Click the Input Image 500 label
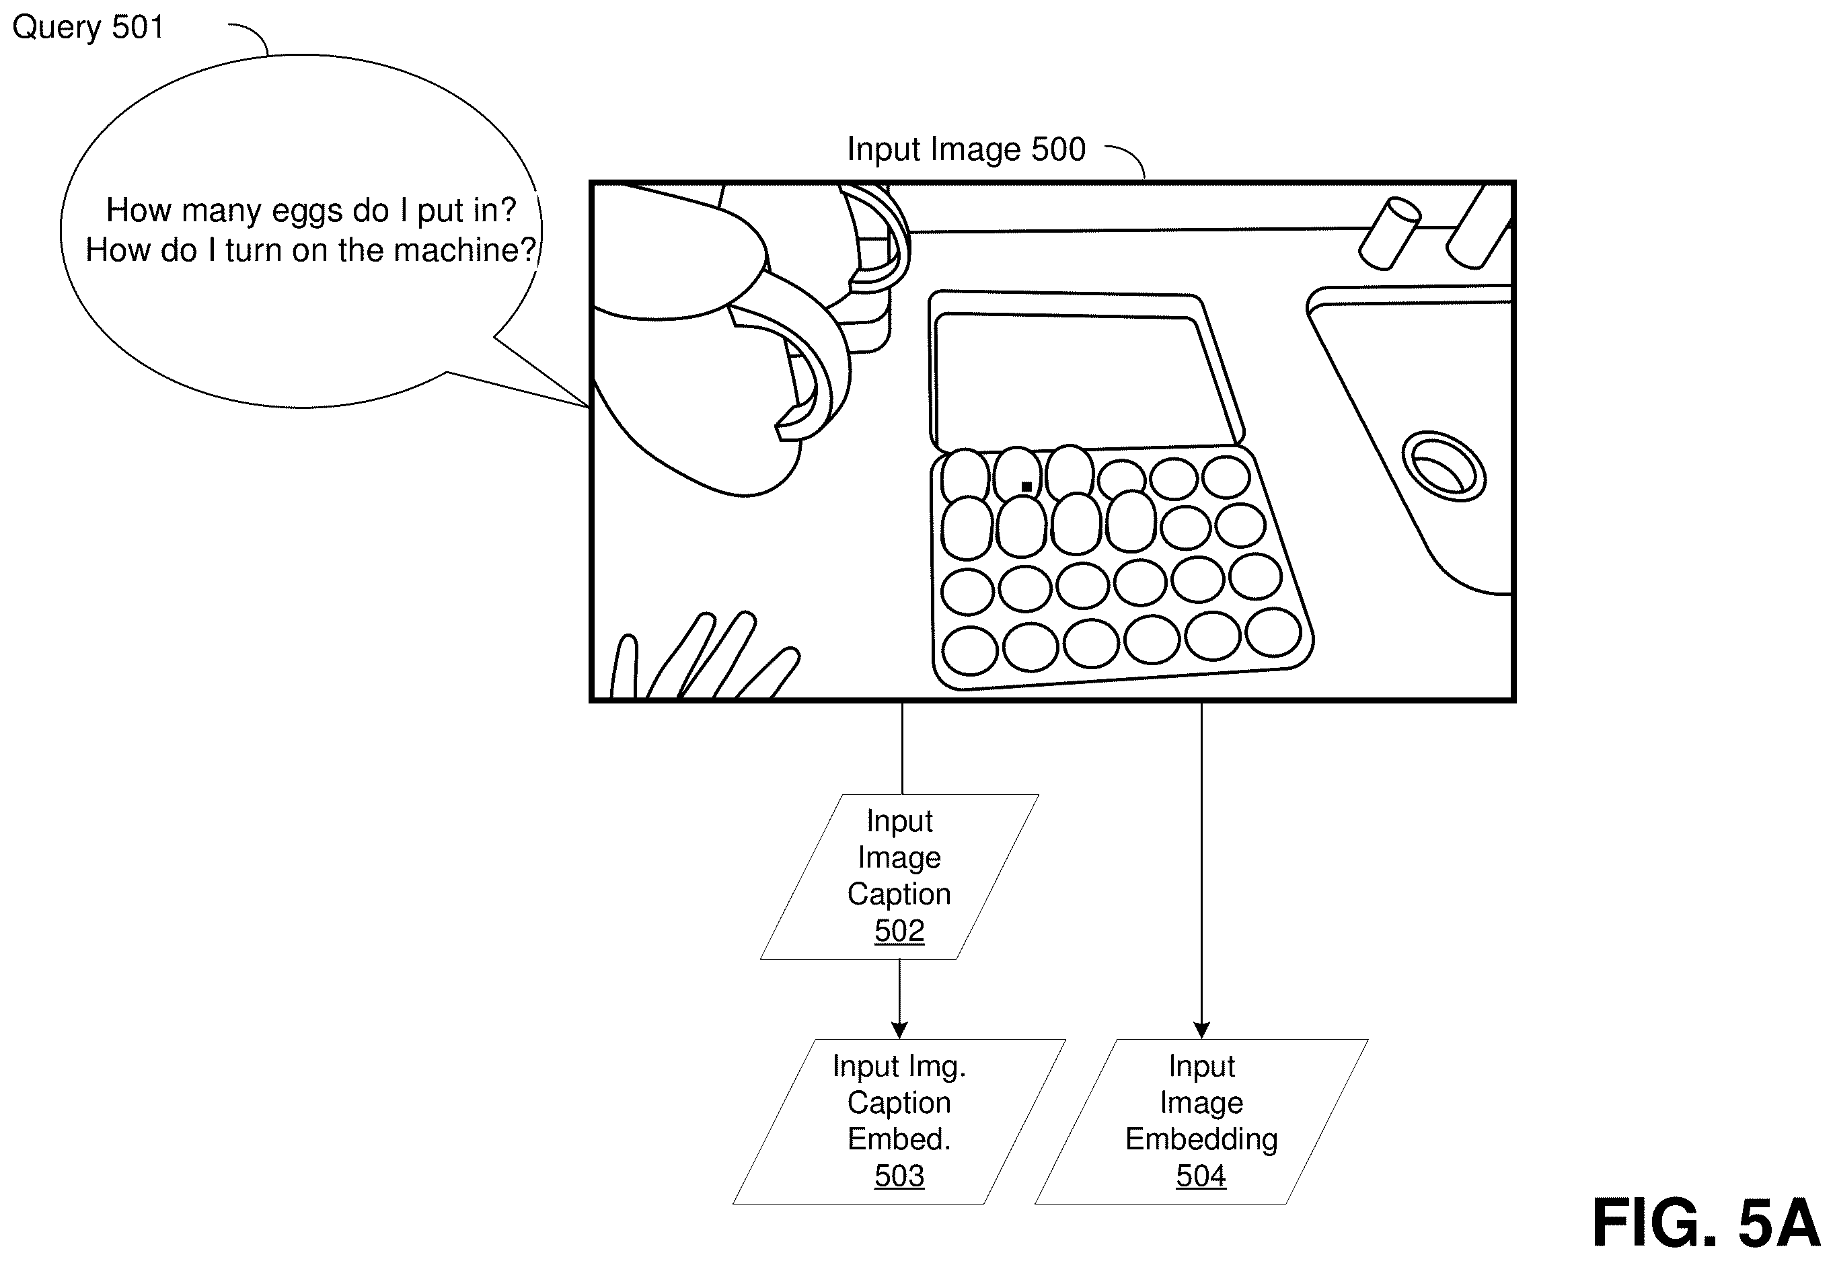coord(966,149)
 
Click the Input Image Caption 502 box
coord(899,876)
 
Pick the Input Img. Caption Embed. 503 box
coord(899,1121)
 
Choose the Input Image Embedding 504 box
coord(1201,1121)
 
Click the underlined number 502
coord(899,931)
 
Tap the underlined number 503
coord(899,1176)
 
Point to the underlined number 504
coord(1201,1176)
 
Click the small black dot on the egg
coord(1026,487)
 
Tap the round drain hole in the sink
coord(1443,466)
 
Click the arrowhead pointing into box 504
coord(1201,1030)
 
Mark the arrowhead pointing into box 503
coord(899,1030)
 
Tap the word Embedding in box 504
coord(1201,1140)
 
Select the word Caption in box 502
coord(899,895)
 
